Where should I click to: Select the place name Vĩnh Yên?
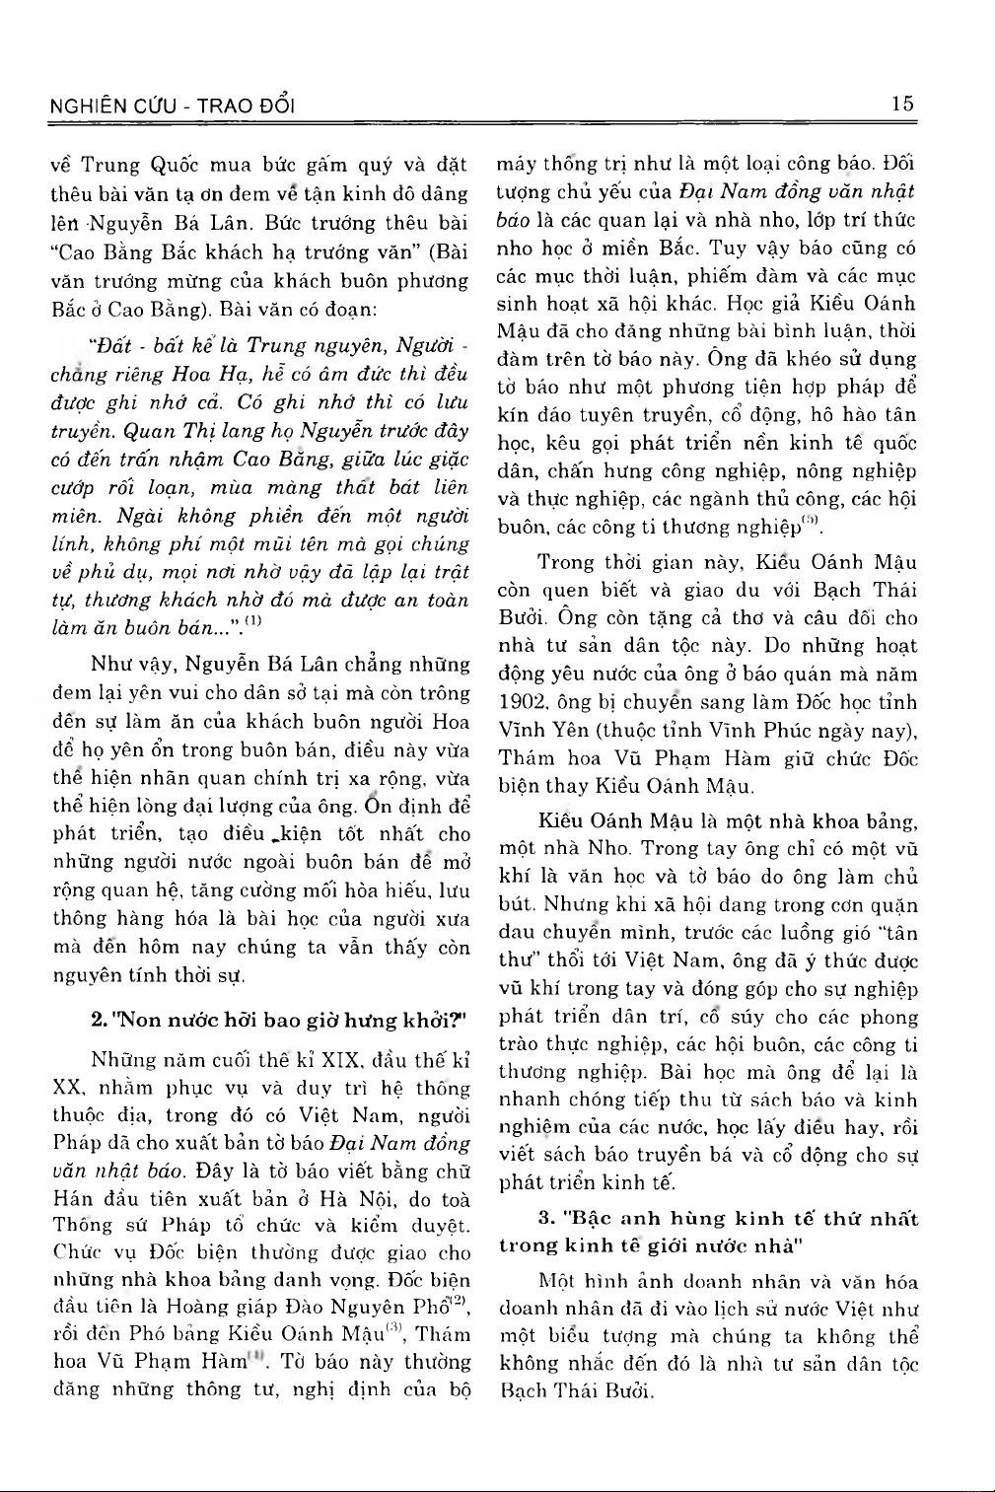tap(535, 731)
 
